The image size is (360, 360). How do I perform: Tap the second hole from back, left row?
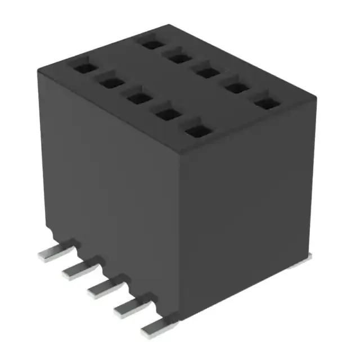pyautogui.click(x=110, y=83)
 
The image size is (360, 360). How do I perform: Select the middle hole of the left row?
pyautogui.click(x=136, y=98)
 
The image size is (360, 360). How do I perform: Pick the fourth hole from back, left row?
pyautogui.click(x=165, y=114)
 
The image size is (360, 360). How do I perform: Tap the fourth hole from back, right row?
pyautogui.click(x=237, y=88)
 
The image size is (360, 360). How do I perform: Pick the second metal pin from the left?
pyautogui.click(x=76, y=269)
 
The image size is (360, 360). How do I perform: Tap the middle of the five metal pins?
pyautogui.click(x=102, y=287)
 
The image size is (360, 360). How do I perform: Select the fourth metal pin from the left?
pyautogui.click(x=129, y=307)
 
